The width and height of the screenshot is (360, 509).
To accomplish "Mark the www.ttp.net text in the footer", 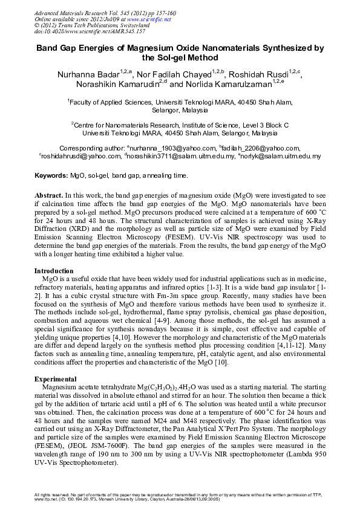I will [48, 499].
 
